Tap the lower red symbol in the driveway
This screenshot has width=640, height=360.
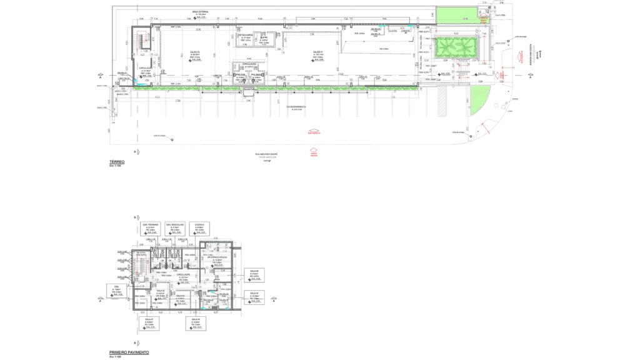314,151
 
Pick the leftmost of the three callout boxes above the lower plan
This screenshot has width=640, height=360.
151,229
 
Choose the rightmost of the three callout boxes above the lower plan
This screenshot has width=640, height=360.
199,229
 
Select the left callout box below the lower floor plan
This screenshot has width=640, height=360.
149,323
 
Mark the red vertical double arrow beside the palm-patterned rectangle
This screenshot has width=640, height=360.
484,49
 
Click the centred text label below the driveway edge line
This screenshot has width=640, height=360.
265,155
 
